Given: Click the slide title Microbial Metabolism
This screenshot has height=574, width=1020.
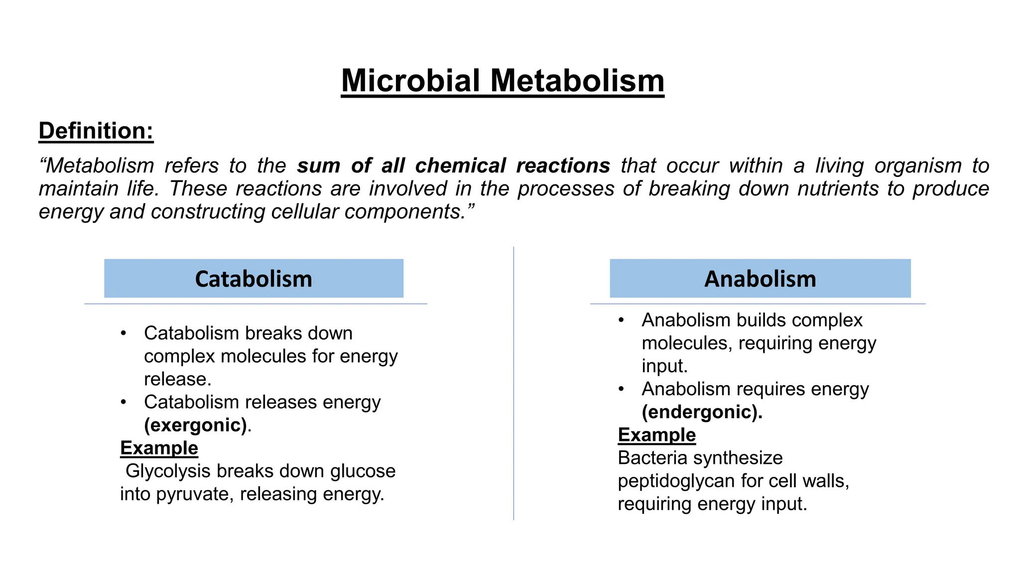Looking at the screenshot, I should click(503, 80).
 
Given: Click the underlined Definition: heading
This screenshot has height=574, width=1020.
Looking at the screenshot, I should click(96, 131).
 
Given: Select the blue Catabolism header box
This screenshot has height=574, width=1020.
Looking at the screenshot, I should click(254, 279).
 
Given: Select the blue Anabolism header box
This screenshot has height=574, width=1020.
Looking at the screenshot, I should click(760, 279).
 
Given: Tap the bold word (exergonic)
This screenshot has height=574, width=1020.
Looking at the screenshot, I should click(196, 425).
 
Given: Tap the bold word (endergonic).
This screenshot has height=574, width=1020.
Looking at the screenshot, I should click(701, 412).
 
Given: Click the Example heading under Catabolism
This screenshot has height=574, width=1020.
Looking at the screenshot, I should click(159, 448).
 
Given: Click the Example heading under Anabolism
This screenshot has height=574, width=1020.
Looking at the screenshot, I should click(656, 435).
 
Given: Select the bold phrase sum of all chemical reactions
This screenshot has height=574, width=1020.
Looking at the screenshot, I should click(453, 165).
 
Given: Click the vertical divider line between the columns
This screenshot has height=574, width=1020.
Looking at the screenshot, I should click(513, 384).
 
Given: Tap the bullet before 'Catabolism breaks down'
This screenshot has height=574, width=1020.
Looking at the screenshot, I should click(124, 333).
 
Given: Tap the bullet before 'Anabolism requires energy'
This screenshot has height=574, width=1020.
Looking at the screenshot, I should click(621, 389).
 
